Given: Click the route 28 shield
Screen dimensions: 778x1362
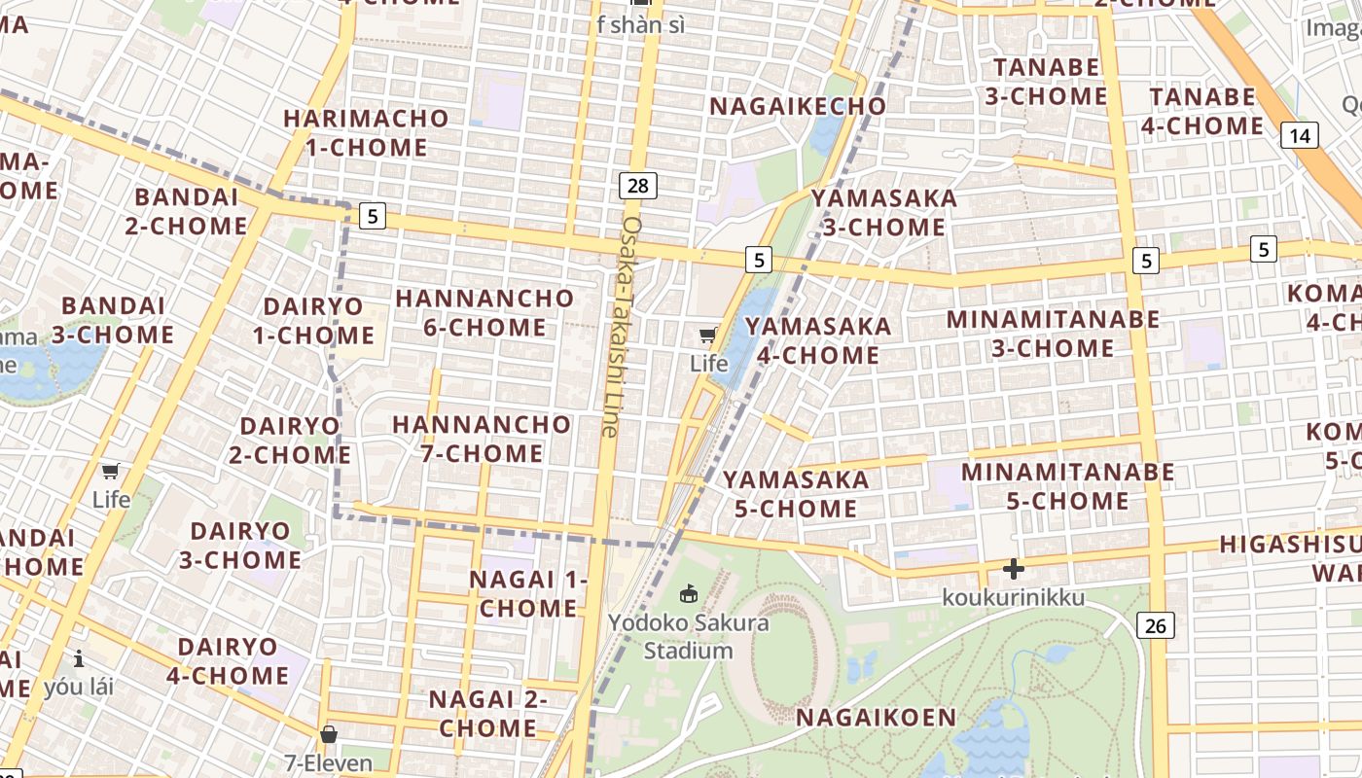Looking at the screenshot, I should point(637,186).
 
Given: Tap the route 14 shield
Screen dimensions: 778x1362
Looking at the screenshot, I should point(1300,135).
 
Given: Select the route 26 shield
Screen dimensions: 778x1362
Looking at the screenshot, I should point(1156,625).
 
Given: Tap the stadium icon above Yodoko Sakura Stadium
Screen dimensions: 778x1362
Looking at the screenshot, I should point(689,592).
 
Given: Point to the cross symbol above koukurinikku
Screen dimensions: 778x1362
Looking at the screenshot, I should point(1013,569).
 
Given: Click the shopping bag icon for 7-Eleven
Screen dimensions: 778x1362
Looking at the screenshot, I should point(329,734).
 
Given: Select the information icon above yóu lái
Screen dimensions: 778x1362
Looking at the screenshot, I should point(79,658).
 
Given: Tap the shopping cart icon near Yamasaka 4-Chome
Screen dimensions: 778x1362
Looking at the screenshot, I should point(708,336).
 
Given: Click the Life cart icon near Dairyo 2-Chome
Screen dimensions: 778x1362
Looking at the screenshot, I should point(111,473).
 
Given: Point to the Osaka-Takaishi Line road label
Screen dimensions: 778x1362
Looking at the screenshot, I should point(621,326).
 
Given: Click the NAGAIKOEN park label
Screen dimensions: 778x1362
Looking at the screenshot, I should point(877,718).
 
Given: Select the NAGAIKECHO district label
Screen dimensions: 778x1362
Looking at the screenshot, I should point(798,106).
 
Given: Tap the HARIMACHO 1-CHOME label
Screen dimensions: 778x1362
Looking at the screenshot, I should point(367,133).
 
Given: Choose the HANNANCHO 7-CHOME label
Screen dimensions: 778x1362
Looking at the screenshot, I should point(482,439).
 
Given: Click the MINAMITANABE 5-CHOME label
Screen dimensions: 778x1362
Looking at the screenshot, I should point(1067,486).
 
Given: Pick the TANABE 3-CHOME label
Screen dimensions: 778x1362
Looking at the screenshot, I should point(1046,82).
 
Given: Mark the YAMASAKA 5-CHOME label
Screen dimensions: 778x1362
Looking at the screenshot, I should point(796,494).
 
